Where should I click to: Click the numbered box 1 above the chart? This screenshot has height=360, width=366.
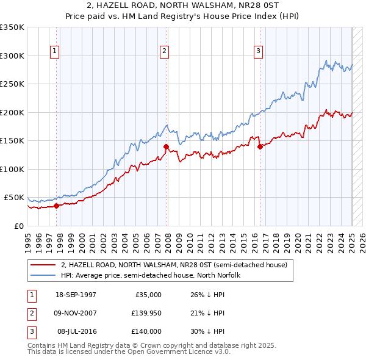click(55, 51)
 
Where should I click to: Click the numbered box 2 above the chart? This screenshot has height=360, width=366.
click(165, 51)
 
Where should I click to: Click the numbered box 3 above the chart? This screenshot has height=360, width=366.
click(258, 51)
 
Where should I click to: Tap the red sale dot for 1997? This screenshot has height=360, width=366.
click(57, 206)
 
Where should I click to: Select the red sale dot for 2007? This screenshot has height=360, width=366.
click(166, 146)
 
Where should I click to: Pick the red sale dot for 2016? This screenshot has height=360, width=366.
click(260, 146)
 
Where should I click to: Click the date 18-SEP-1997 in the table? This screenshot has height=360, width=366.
click(76, 295)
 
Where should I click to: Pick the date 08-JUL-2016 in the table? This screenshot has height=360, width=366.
click(76, 331)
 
